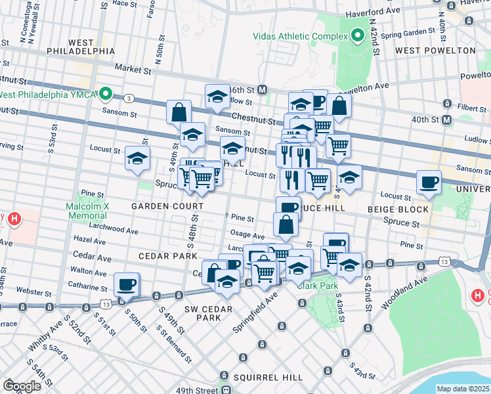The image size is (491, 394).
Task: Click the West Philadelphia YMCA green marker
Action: [x=104, y=95]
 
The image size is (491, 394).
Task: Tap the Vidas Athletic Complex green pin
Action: [x=358, y=35]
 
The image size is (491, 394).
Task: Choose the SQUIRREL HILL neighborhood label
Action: [x=268, y=378]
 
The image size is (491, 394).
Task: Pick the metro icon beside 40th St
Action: [x=446, y=120]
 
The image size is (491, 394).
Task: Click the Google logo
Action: [x=22, y=386]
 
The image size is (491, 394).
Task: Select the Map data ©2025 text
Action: [x=463, y=389]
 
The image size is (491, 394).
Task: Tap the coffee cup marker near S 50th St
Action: [x=127, y=284]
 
